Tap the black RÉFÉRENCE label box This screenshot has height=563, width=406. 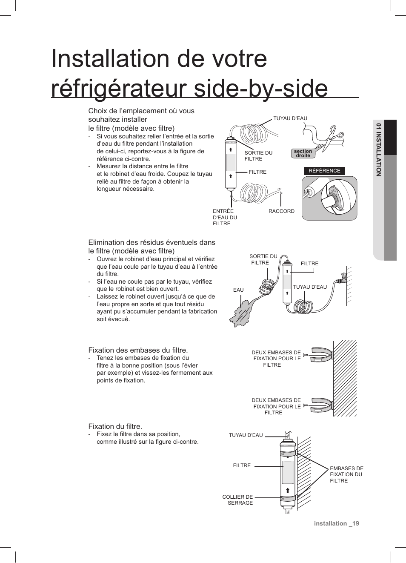[324, 171]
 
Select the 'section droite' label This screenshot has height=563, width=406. [303, 153]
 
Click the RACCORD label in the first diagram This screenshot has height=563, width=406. [281, 211]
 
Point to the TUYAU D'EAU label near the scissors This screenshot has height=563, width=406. [290, 118]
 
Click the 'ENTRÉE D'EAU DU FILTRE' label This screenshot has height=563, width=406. [225, 217]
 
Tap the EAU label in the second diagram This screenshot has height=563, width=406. [238, 290]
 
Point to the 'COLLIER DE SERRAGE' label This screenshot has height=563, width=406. [237, 500]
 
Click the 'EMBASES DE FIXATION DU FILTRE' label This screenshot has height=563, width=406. [346, 474]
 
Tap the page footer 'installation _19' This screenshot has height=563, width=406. [336, 523]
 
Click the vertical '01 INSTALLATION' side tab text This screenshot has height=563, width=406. [378, 149]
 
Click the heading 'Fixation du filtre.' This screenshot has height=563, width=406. [115, 426]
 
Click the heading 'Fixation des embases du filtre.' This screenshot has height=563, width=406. [138, 350]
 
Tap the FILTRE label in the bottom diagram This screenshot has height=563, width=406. [242, 465]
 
